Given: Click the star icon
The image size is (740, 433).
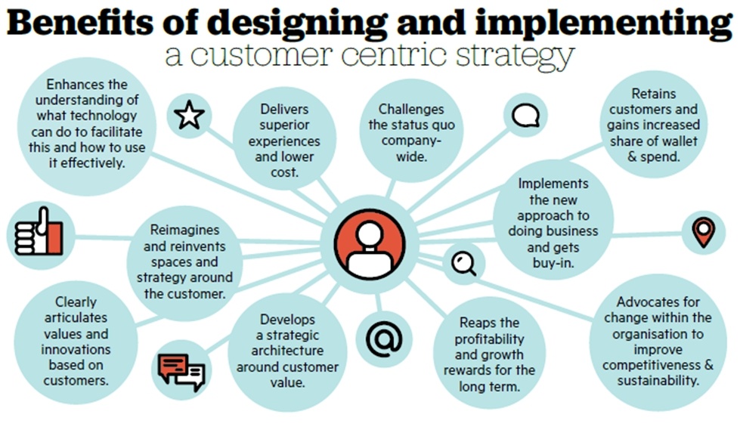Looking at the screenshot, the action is click(189, 115).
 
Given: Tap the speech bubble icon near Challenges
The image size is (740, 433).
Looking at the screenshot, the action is click(526, 116).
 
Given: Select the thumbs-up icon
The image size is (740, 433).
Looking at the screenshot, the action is click(39, 232).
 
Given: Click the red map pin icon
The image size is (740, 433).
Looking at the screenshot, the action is click(704, 232).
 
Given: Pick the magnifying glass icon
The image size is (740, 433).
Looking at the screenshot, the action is click(464, 264).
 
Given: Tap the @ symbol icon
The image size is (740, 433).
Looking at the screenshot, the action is click(384, 339).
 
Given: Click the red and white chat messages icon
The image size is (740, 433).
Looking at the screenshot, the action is click(181, 371).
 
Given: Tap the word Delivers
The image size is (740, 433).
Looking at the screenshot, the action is click(284, 110).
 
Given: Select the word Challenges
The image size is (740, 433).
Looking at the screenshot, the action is click(411, 110).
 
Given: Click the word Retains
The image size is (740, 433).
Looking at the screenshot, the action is click(654, 94).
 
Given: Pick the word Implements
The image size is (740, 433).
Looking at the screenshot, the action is click(553, 184).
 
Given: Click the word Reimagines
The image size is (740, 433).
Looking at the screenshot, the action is click(184, 230).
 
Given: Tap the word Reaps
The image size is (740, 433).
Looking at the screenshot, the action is click(473, 323).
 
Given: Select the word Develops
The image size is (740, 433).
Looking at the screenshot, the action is click(287, 320).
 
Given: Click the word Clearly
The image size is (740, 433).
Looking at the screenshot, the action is click(76, 302).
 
